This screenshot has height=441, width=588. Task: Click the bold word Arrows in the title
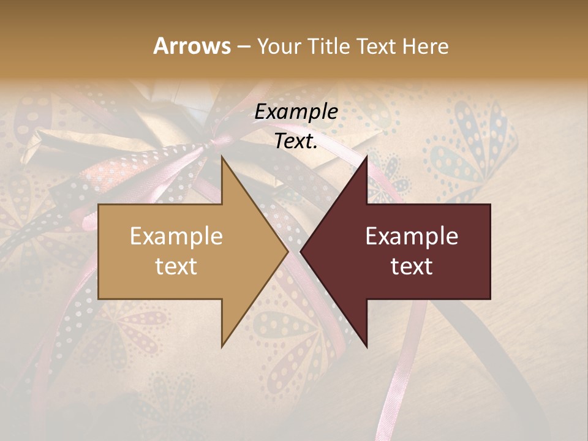192,46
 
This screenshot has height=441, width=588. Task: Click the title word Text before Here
377,47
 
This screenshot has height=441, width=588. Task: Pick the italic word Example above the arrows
296,112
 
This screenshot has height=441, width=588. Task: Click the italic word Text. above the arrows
296,141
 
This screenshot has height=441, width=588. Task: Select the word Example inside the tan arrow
176,236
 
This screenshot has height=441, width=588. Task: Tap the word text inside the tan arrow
176,266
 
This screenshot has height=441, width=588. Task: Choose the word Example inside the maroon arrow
412,236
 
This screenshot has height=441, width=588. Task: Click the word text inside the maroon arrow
412,266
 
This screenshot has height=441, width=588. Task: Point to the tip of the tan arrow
288,251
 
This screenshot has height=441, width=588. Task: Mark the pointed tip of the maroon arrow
301,251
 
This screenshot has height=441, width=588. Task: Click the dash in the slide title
243,47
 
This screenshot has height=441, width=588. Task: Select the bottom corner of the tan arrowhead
222,347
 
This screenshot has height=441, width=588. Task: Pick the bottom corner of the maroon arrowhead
367,347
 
